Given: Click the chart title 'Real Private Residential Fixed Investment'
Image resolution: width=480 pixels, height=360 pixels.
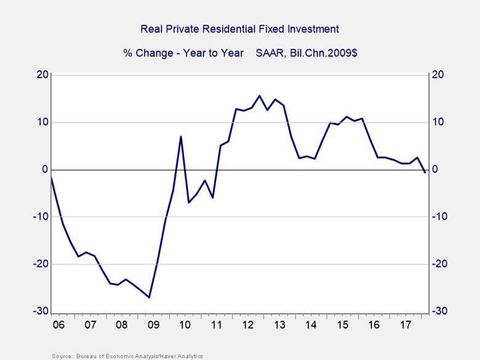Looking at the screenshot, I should coord(240,29).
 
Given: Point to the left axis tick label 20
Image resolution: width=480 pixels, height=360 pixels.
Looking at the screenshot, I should coord(41,75).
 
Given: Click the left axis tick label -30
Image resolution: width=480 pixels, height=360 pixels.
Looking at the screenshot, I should coord(39,311).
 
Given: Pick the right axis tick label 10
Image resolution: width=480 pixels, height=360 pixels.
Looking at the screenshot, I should coord(438,122).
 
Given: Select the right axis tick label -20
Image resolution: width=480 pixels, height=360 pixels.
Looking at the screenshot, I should coord(441,264).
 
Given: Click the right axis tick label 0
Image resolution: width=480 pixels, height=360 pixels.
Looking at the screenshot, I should coord(435,170).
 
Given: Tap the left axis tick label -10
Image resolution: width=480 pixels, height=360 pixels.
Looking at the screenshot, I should coord(39,217).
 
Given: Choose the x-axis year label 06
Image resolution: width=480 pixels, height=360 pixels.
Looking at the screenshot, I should coord(58,324).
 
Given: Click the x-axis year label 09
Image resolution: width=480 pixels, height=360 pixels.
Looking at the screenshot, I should coord(153,324).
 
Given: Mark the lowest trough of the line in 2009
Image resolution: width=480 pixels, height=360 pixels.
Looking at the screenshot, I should coord(149,297).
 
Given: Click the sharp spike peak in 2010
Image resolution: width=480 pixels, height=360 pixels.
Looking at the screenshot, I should coord(181,136).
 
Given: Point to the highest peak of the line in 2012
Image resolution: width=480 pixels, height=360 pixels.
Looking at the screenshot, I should coord(259,95).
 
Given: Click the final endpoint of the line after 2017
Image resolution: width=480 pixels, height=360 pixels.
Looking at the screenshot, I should coord(425,172).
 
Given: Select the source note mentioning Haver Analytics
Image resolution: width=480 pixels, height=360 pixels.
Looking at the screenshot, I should coord(127,356).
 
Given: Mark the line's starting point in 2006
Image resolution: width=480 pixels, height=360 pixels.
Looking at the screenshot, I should coord(51,177).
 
